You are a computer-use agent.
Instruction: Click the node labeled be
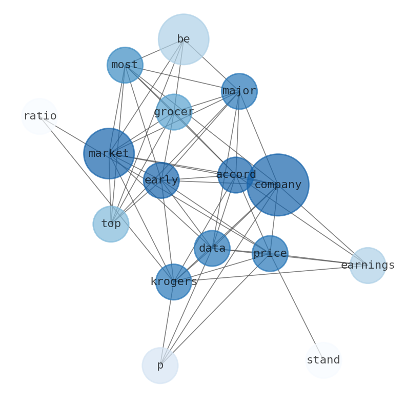tap(184, 39)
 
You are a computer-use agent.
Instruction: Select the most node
tap(125, 65)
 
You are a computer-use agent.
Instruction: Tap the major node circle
tap(239, 91)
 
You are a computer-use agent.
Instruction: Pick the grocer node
tap(174, 112)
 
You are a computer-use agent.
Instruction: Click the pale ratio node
tap(39, 116)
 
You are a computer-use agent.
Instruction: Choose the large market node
tap(109, 153)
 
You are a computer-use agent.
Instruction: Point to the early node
tap(161, 180)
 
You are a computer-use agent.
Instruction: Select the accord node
tap(236, 175)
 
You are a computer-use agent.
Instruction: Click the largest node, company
tap(278, 185)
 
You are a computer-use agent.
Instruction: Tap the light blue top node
tap(111, 224)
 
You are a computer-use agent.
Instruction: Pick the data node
tap(212, 248)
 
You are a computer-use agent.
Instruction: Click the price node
tap(270, 254)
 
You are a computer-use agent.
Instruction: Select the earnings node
tap(368, 266)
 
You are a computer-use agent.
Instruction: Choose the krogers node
tap(173, 282)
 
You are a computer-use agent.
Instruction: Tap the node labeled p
tap(160, 366)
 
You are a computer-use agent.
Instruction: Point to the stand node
tap(323, 360)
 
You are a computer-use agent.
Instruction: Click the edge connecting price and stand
tap(297, 307)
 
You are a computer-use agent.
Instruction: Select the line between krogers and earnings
tap(271, 274)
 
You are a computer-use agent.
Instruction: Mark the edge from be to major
tap(211, 66)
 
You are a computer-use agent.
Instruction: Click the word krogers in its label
tap(174, 281)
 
